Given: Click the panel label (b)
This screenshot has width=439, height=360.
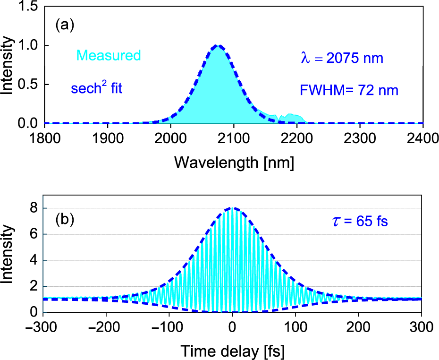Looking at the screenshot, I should pyautogui.click(x=65, y=220).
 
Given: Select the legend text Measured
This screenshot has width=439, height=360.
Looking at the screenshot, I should pyautogui.click(x=109, y=56).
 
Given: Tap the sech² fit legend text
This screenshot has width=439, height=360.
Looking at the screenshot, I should pyautogui.click(x=96, y=87).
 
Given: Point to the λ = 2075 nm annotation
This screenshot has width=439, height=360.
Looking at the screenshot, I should pyautogui.click(x=342, y=59).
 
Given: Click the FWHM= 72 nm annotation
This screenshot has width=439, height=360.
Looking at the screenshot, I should pyautogui.click(x=348, y=90).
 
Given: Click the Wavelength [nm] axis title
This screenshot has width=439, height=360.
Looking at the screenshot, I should pyautogui.click(x=235, y=163).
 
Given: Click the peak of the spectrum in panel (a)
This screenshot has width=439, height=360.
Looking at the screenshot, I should pyautogui.click(x=218, y=46).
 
